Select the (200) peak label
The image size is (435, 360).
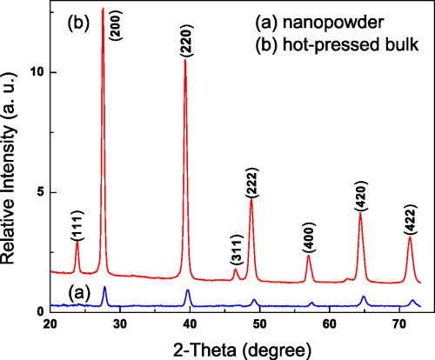point(117,28)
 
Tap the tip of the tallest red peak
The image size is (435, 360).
point(104,9)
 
